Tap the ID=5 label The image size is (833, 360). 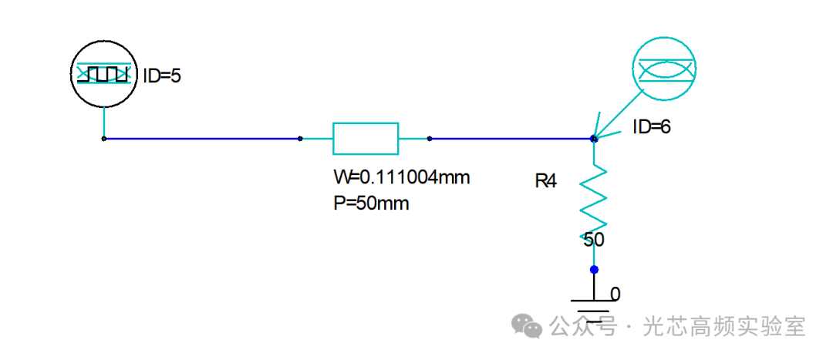pos(162,76)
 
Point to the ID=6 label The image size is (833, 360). pos(651,127)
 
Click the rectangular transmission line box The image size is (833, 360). pos(366,139)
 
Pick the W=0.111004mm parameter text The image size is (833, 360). pos(402,177)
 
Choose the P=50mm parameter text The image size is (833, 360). pos(371,204)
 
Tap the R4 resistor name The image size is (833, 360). pos(545,182)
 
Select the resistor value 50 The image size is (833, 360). pos(594,241)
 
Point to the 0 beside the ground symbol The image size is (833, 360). pos(615,294)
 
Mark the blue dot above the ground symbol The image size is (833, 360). pos(595,269)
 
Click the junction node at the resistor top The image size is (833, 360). pos(595,139)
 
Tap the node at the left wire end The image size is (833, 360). pos(104,139)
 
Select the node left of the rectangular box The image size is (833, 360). pos(300,139)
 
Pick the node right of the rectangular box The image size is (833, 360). pos(430,139)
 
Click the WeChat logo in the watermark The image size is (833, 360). pos(527,325)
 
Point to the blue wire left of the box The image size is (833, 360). pos(202,139)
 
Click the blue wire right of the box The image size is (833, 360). pos(512,139)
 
